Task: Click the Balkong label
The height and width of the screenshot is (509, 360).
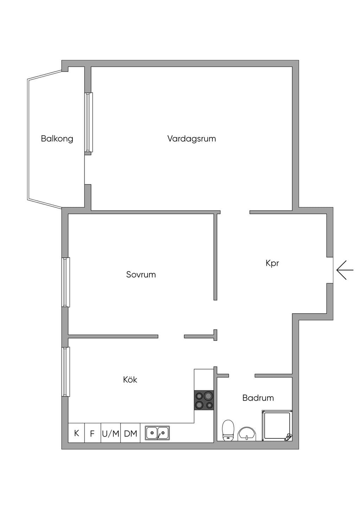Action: click(57, 139)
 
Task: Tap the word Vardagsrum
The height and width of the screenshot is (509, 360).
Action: click(192, 138)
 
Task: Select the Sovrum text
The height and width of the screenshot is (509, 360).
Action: click(141, 275)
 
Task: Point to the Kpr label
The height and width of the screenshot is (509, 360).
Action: click(272, 263)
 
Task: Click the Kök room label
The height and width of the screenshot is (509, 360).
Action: click(130, 380)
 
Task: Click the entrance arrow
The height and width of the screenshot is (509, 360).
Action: click(345, 270)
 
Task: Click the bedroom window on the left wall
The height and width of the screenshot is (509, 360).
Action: click(66, 282)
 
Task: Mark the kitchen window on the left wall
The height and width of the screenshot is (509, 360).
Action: click(66, 372)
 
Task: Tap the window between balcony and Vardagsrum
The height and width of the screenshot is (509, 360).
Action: click(89, 122)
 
